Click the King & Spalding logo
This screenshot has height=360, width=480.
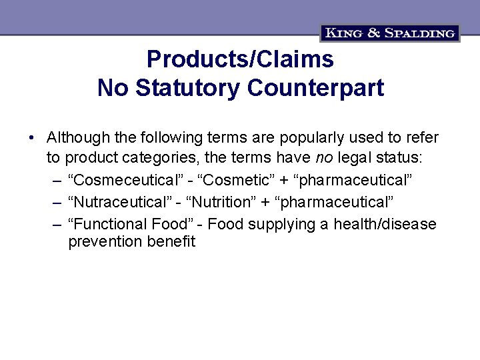pos(390,33)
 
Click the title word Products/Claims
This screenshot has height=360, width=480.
pos(240,59)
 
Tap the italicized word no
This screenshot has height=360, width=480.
pos(323,159)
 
